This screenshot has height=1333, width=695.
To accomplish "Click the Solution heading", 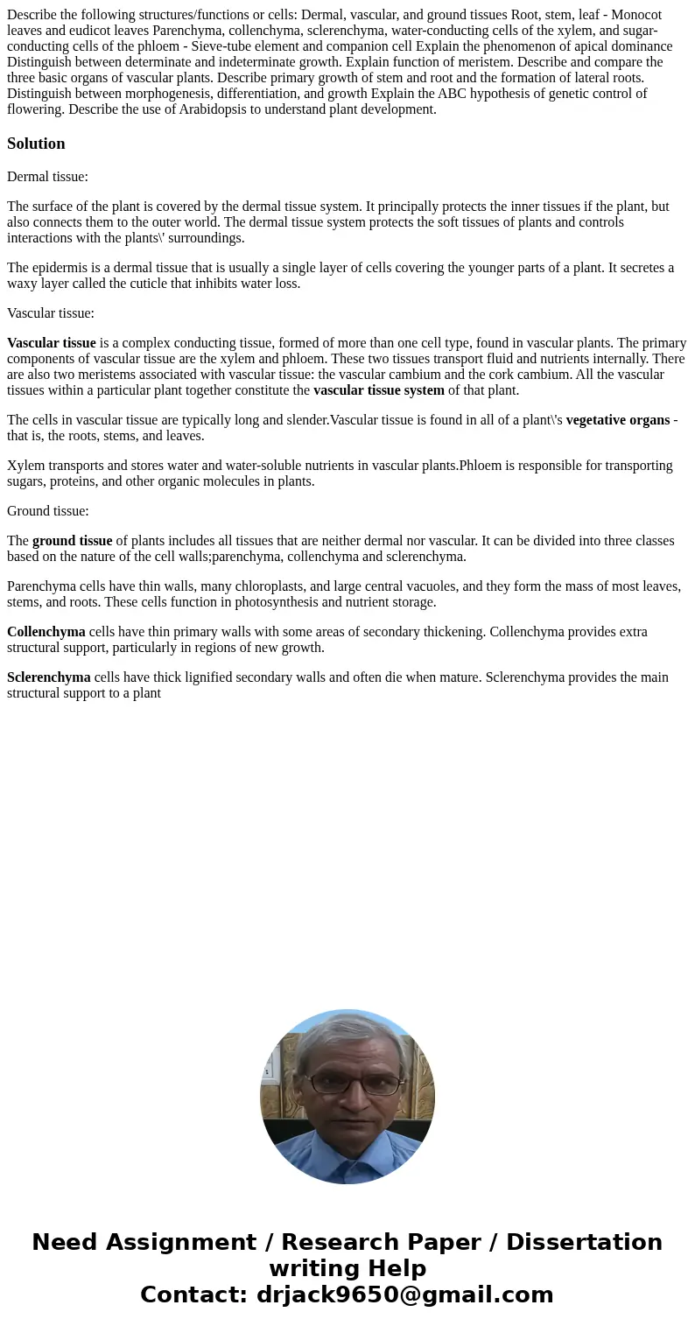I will tap(36, 144).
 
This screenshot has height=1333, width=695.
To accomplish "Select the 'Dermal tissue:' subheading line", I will tap(47, 177).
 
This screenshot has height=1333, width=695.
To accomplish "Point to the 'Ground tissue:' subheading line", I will tap(48, 511).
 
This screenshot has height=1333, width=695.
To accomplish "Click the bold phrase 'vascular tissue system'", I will tap(379, 390).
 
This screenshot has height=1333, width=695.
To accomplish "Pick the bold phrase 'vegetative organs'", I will tap(618, 420).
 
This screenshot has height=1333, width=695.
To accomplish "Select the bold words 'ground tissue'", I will tap(73, 541).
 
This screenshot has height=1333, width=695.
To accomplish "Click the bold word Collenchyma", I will tap(46, 632).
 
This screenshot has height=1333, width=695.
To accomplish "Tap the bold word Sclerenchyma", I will tap(49, 677).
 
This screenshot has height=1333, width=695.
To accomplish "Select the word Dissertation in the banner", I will tap(584, 1242).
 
